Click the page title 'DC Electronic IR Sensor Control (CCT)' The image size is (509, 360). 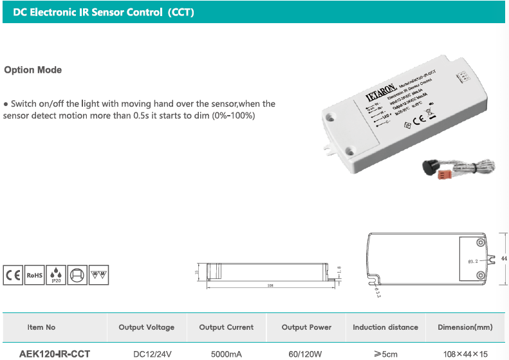[x=104, y=12]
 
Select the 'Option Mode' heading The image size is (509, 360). [x=33, y=70]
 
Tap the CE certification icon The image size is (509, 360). [x=13, y=275]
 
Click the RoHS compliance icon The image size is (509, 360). [x=34, y=275]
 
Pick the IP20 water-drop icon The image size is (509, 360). [x=56, y=275]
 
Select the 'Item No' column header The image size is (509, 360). [x=41, y=327]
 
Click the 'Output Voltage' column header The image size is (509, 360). [x=146, y=327]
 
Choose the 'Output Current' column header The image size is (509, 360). [x=227, y=327]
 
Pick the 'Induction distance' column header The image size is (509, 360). [x=385, y=327]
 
